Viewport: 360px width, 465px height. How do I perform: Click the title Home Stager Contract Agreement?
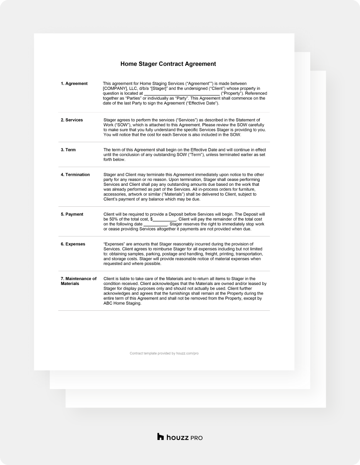(x=168, y=64)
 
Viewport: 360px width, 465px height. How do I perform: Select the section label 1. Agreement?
(x=74, y=83)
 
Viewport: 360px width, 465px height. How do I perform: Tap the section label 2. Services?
(x=72, y=120)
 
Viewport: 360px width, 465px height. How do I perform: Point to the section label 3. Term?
(x=68, y=150)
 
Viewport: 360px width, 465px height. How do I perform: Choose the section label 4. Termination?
(x=75, y=175)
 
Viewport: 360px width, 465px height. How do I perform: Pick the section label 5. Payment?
(x=72, y=214)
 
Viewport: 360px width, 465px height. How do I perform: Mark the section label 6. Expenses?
(x=73, y=244)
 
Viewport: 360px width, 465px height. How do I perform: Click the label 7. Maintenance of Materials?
(x=78, y=281)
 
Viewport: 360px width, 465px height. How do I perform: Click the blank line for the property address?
(x=181, y=94)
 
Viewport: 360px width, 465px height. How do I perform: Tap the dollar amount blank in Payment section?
(x=165, y=220)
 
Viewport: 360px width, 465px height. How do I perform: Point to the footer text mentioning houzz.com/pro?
(x=164, y=353)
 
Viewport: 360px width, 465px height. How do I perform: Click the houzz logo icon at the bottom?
(x=160, y=437)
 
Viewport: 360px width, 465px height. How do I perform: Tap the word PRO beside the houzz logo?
(x=196, y=438)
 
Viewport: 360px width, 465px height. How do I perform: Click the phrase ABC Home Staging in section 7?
(x=122, y=303)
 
